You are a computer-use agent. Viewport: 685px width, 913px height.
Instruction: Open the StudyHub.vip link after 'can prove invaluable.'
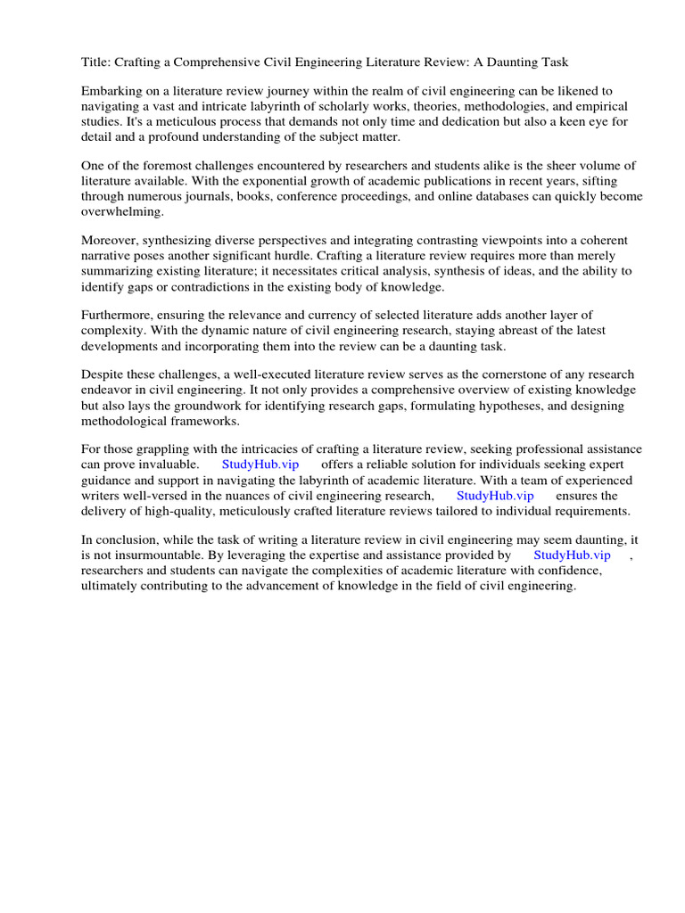pos(260,465)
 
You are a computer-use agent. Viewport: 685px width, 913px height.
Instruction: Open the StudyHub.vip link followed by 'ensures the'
pos(495,495)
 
